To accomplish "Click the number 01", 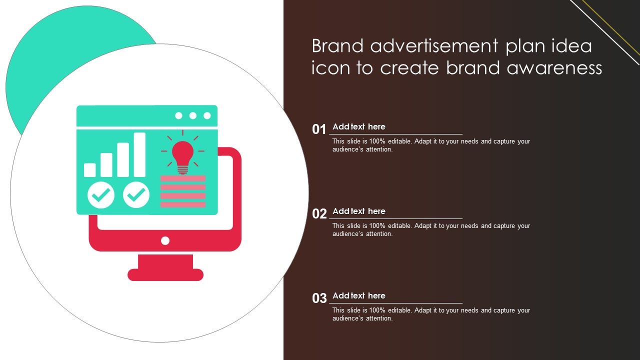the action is click(319, 129).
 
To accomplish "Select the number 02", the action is click(319, 213).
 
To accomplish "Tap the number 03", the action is click(319, 298).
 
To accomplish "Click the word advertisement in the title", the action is click(434, 46).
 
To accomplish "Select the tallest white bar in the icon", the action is click(139, 154).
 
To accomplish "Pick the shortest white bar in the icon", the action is click(89, 170).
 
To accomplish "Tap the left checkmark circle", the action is click(101, 195).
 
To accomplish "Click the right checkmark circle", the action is click(136, 195).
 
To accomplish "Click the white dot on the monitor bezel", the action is click(165, 241).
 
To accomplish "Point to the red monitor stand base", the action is click(165, 274).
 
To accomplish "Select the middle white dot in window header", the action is click(193, 115).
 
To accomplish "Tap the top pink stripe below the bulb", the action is click(183, 178).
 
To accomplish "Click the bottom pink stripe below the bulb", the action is click(183, 204).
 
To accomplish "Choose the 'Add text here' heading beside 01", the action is click(359, 126).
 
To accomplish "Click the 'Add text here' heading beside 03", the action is click(359, 295).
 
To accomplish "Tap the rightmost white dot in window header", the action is click(207, 115).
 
